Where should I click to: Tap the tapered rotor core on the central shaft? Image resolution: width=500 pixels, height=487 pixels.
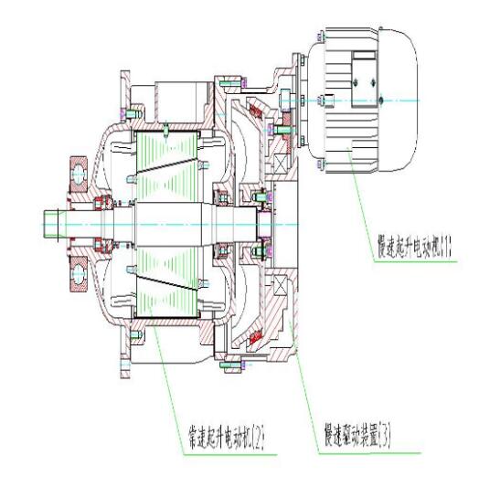click(x=165, y=222)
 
